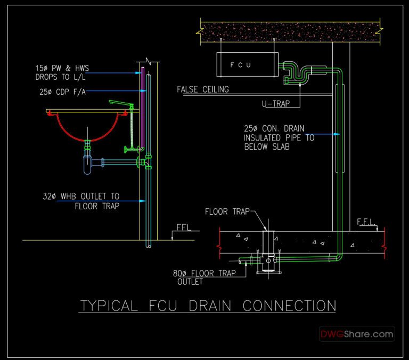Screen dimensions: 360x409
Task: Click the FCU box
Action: click(x=248, y=64)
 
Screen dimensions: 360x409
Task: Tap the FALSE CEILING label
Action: click(x=203, y=89)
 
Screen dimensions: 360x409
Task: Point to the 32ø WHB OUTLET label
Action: click(x=81, y=201)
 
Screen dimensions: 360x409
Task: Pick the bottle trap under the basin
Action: click(x=87, y=163)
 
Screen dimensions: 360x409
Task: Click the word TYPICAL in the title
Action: click(x=108, y=306)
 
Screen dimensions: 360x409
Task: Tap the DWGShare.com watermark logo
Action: click(x=357, y=334)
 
